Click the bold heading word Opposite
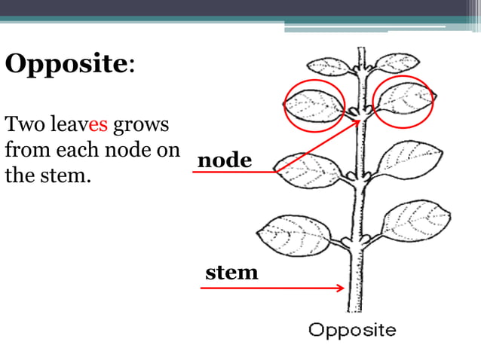[x=66, y=64]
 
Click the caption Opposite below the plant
[x=352, y=330]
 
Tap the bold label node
[x=224, y=160]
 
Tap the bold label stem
[x=231, y=272]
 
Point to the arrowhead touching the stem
[x=342, y=287]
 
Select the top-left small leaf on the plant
[x=332, y=66]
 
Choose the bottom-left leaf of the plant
[x=294, y=235]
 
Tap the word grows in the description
[x=141, y=124]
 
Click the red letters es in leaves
[x=99, y=124]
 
